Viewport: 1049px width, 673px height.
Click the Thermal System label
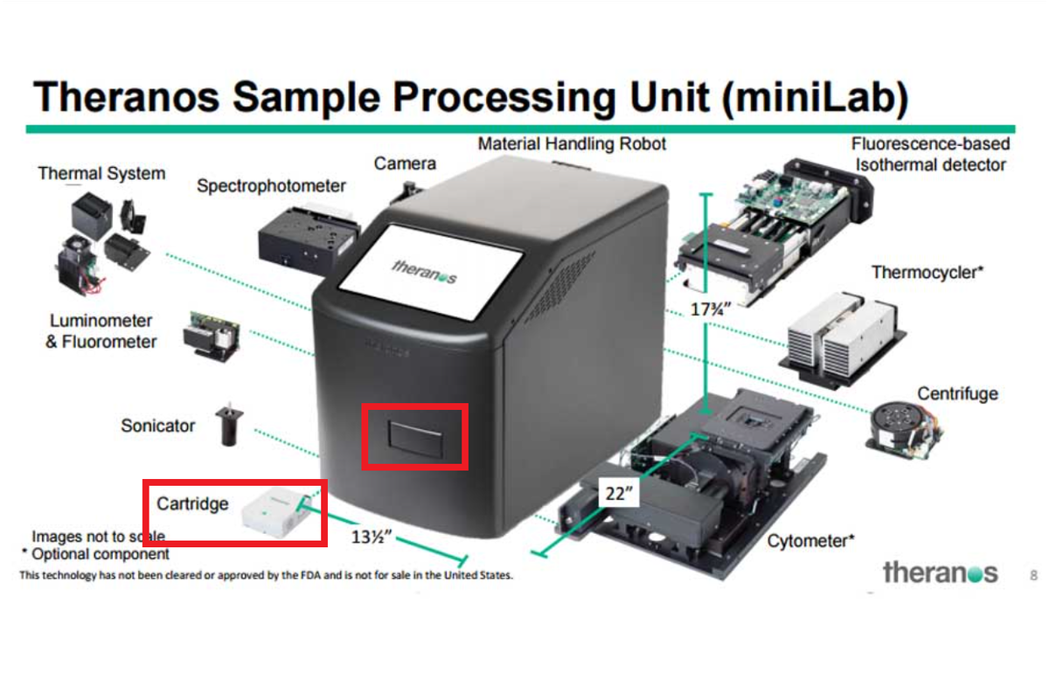(x=101, y=173)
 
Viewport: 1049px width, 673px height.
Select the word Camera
(x=405, y=163)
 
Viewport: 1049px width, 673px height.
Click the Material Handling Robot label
(x=572, y=143)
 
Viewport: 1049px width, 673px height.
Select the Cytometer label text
(x=810, y=542)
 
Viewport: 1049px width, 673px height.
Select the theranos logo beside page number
(x=940, y=573)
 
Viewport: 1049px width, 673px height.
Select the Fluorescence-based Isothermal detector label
(x=930, y=154)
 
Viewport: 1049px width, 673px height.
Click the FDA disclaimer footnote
(x=266, y=576)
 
